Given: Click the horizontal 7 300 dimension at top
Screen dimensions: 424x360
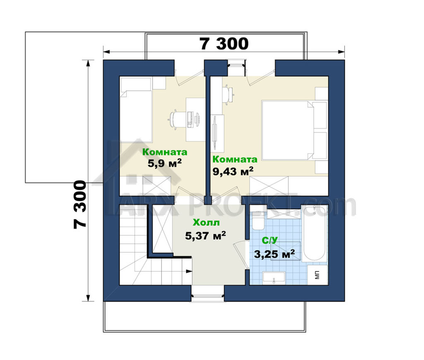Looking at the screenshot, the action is (224, 44).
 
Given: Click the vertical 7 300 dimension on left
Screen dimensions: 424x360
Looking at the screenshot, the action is (80, 205).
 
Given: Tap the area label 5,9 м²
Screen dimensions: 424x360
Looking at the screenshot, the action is (164, 163).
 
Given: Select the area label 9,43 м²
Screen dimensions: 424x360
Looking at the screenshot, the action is (233, 171).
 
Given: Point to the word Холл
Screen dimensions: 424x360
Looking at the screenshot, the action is (206, 222).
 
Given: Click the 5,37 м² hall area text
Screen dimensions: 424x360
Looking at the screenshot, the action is (205, 235).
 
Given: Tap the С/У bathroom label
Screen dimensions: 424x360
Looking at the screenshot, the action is (270, 240).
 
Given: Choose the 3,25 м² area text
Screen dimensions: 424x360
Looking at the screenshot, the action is (274, 254).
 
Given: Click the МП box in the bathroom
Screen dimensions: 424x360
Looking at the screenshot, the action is (318, 275).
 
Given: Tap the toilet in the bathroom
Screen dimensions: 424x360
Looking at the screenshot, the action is (258, 220).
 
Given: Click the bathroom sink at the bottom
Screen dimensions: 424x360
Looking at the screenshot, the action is (274, 278).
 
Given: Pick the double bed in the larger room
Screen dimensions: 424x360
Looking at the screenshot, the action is (294, 130).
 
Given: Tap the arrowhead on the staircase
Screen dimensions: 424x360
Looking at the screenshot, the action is (189, 271).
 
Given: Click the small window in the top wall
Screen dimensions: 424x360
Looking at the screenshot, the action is (236, 68).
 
